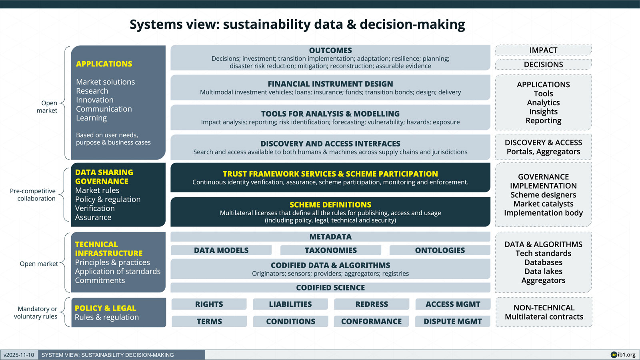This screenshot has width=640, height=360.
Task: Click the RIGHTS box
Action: pyautogui.click(x=209, y=304)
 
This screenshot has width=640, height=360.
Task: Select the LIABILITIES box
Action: pyautogui.click(x=290, y=304)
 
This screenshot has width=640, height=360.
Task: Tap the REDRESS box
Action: pyautogui.click(x=372, y=304)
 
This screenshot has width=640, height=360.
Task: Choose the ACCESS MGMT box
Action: pyautogui.click(x=453, y=304)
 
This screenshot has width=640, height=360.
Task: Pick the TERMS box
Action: pyautogui.click(x=209, y=322)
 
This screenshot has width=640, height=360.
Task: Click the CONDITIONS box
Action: pyautogui.click(x=291, y=322)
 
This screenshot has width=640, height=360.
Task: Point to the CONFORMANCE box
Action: pyautogui.click(x=372, y=322)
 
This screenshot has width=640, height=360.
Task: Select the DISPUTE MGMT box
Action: pyautogui.click(x=453, y=322)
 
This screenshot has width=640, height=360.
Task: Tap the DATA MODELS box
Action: pyautogui.click(x=221, y=250)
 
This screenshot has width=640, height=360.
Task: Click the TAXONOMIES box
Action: pyautogui.click(x=331, y=250)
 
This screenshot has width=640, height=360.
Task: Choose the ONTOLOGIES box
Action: pyautogui.click(x=440, y=250)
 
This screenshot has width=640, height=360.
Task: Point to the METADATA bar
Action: pyautogui.click(x=330, y=237)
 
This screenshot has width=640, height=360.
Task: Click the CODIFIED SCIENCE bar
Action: pyautogui.click(x=330, y=288)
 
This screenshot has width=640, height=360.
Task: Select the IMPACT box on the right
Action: pyautogui.click(x=543, y=50)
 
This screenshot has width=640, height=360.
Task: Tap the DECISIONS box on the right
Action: pyautogui.click(x=543, y=65)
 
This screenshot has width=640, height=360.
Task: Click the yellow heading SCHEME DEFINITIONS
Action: pyautogui.click(x=330, y=205)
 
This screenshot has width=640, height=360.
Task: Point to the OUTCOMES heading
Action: pyautogui.click(x=330, y=50)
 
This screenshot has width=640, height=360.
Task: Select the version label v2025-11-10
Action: pyautogui.click(x=19, y=355)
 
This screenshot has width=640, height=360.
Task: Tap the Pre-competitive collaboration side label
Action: pyautogui.click(x=33, y=195)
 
